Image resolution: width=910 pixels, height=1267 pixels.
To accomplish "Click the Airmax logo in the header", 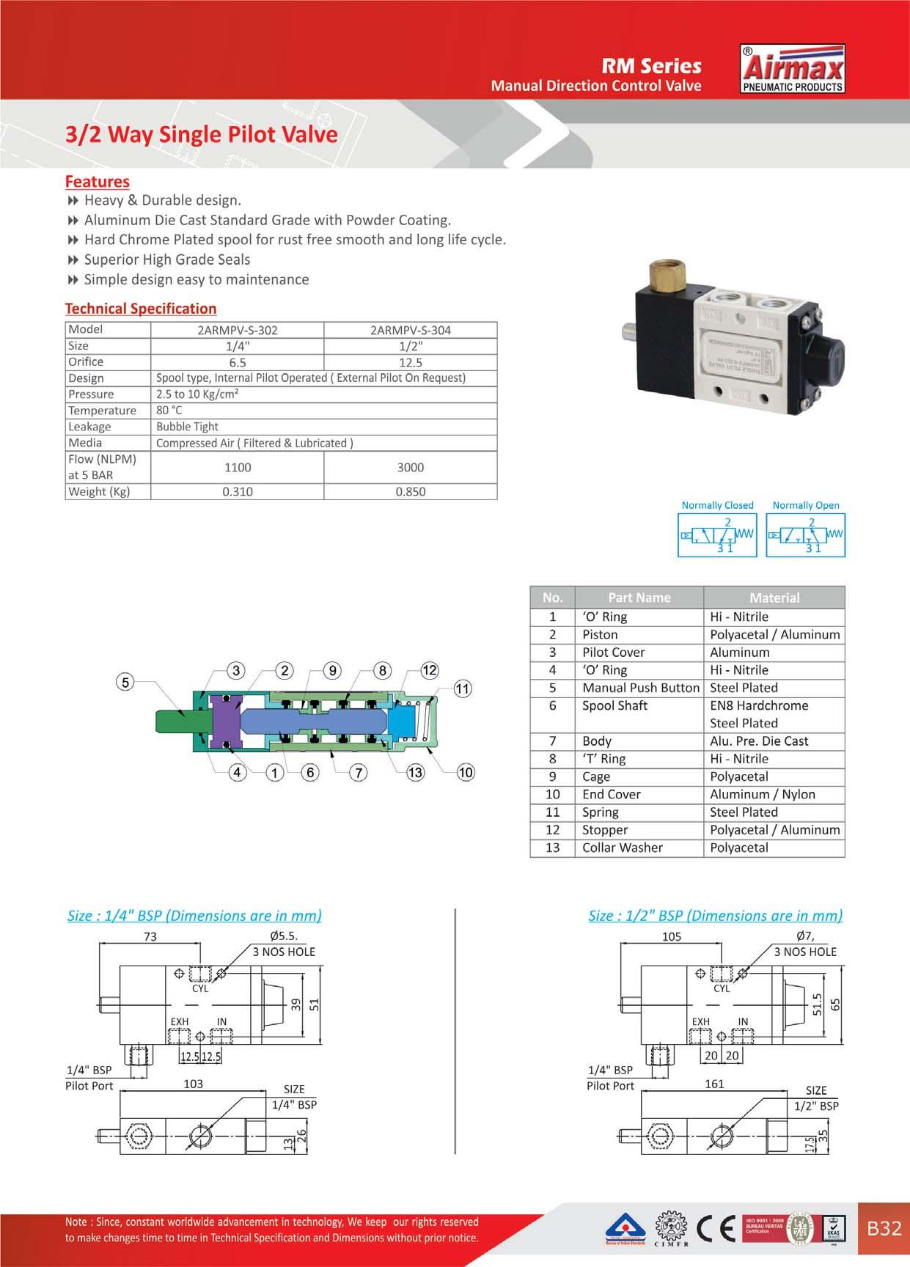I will [x=794, y=70].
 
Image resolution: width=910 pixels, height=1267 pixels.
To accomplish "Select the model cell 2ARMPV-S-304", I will [x=411, y=330].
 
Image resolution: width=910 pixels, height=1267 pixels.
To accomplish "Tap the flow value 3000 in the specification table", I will [x=411, y=467].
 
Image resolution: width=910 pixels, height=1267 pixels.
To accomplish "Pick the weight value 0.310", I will [x=238, y=491].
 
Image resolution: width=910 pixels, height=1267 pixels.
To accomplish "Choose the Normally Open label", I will [x=806, y=505].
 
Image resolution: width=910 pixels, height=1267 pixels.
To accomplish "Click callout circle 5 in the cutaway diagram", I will [x=125, y=682].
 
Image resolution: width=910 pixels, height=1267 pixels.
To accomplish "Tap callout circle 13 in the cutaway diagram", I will [x=415, y=772].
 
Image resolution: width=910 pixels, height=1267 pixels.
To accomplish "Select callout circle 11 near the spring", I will [x=463, y=688].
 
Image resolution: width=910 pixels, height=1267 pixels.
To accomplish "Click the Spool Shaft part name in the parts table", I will [x=614, y=705].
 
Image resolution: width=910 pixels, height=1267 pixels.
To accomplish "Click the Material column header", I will [x=774, y=598].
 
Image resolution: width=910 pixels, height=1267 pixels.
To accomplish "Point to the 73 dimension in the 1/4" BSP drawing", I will [x=150, y=936].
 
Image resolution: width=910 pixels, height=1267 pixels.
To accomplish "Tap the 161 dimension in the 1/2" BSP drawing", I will [x=714, y=1084].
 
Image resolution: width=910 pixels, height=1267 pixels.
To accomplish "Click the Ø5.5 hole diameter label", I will [x=283, y=936].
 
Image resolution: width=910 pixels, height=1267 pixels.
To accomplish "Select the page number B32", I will [x=884, y=1227].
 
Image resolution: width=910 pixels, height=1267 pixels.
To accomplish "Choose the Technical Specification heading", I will [x=141, y=309].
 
